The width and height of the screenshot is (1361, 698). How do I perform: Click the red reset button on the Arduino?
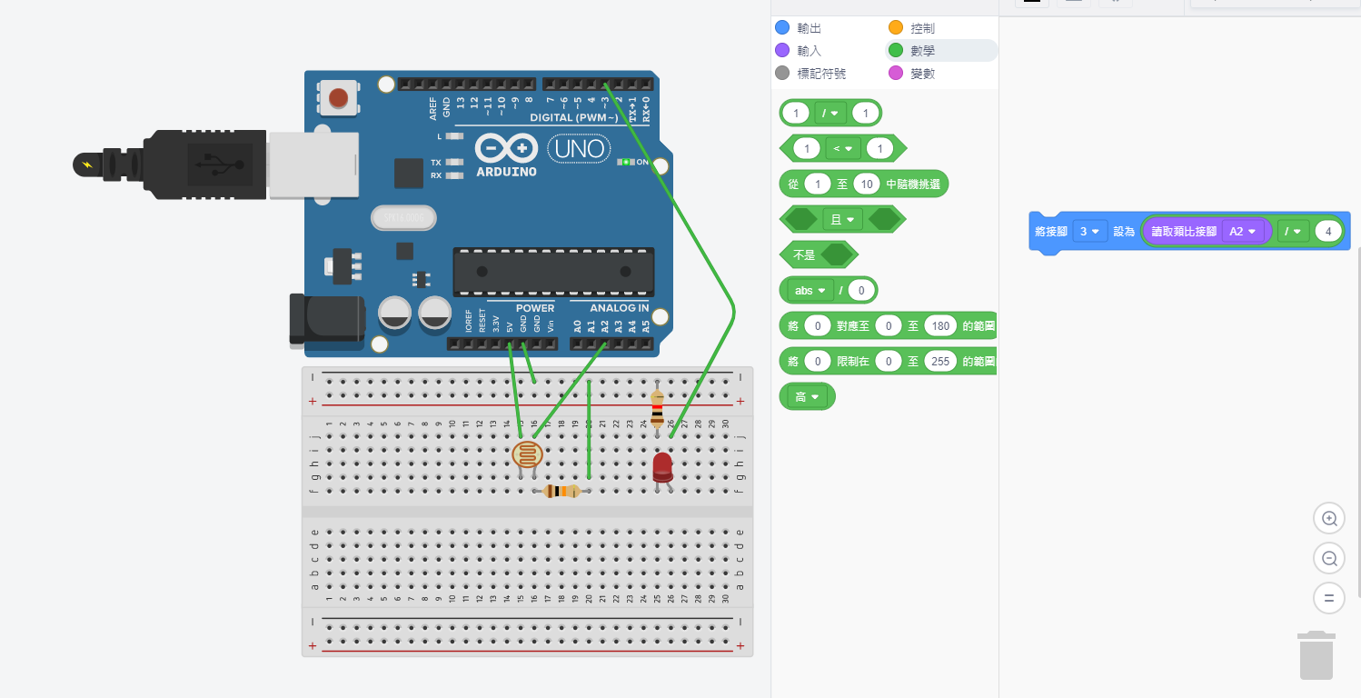339,97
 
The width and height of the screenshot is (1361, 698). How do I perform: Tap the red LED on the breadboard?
662,467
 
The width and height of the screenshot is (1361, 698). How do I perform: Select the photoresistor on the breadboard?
527,454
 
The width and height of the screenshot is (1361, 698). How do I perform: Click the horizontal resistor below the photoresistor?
561,492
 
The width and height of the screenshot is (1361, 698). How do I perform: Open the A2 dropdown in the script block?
1243,232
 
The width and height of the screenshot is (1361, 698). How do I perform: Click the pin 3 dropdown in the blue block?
1088,232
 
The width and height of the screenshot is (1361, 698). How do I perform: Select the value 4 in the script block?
1328,232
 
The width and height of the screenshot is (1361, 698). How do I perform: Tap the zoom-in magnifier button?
1329,519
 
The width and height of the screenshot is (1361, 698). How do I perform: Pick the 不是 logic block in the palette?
805,255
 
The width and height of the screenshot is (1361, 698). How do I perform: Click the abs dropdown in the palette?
808,291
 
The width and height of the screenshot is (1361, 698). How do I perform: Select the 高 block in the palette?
807,397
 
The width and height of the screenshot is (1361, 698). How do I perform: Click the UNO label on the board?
579,149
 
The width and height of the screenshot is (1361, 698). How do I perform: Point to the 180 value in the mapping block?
940,325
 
